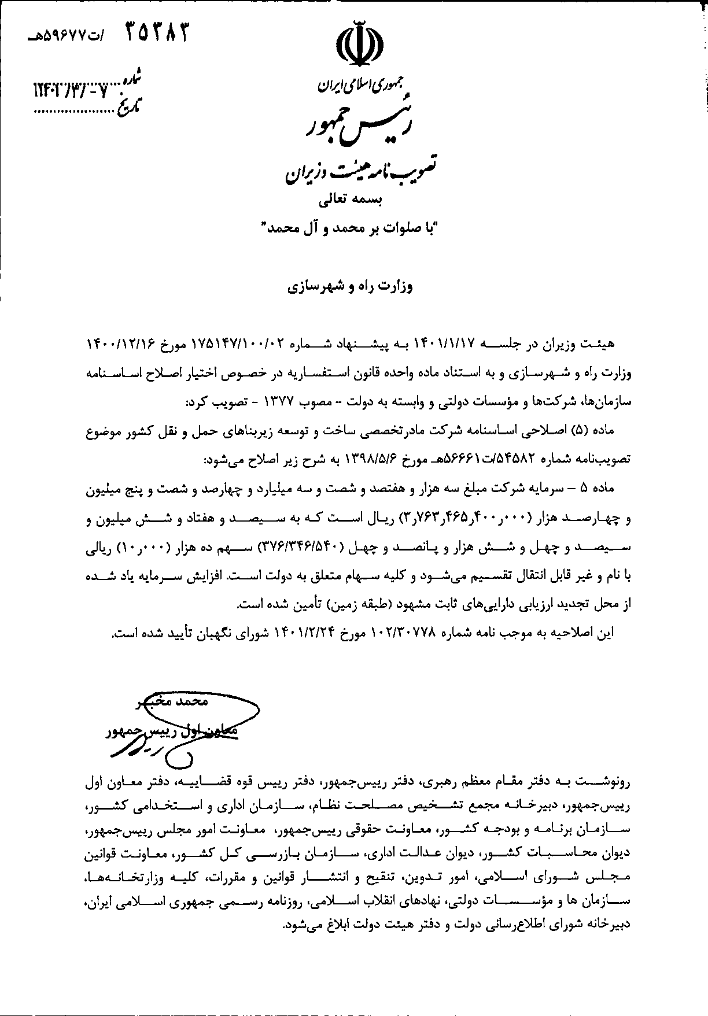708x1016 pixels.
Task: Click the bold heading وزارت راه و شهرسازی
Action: click(354, 286)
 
